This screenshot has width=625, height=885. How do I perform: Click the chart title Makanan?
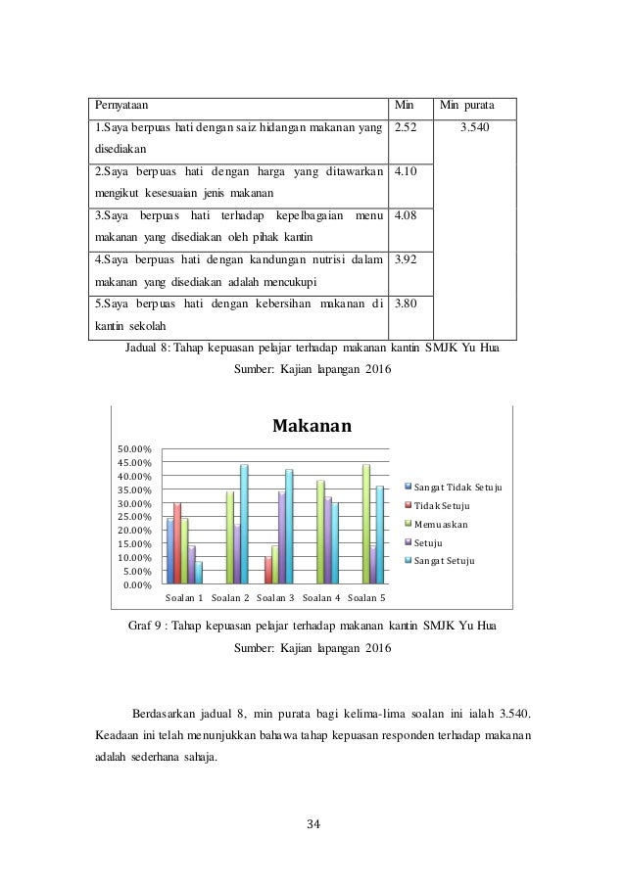click(312, 427)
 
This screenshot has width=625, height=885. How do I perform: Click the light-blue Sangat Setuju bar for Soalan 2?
click(244, 524)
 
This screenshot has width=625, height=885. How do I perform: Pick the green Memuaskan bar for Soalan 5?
click(366, 524)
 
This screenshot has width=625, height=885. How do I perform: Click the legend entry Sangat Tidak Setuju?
click(457, 487)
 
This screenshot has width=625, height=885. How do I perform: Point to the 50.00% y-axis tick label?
click(136, 448)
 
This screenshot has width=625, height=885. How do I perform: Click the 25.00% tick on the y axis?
click(136, 517)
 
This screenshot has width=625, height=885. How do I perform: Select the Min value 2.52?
click(405, 127)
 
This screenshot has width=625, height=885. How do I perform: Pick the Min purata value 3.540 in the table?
click(475, 127)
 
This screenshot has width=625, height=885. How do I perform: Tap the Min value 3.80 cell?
click(405, 303)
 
